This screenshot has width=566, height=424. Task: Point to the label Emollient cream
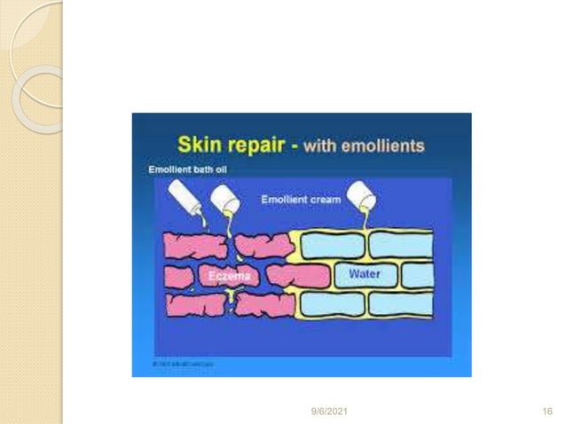(x=301, y=200)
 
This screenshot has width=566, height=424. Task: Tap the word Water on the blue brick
(x=364, y=274)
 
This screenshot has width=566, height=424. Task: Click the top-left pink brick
(x=194, y=244)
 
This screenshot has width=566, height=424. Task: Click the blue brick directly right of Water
(x=416, y=274)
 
